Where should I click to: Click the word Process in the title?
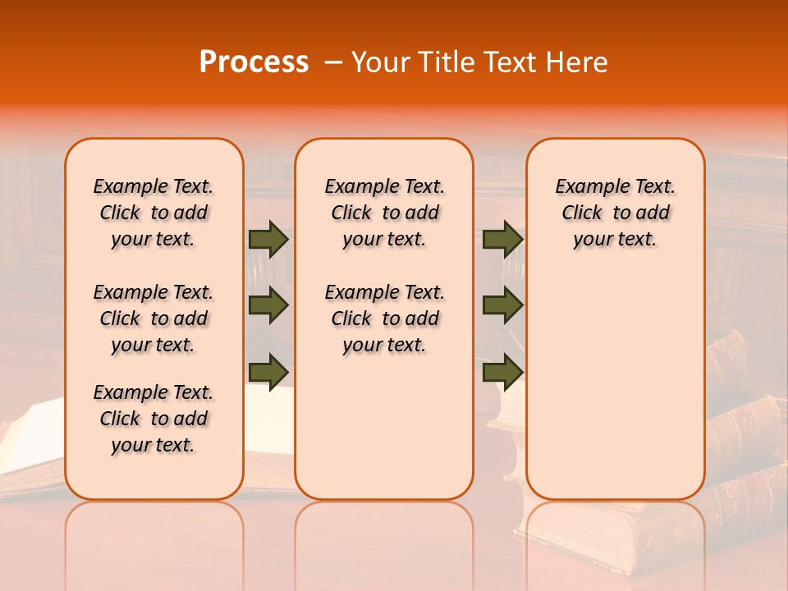click(254, 62)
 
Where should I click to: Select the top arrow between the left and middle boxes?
click(268, 239)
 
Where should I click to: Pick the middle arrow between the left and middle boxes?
click(268, 305)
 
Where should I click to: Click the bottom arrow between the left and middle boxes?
click(268, 372)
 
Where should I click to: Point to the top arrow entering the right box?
click(502, 239)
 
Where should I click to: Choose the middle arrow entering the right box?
click(502, 305)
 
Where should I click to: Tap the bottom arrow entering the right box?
click(502, 372)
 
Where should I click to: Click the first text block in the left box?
click(153, 213)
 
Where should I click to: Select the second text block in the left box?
click(153, 318)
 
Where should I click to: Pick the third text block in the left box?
click(153, 419)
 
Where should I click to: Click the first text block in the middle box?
click(384, 213)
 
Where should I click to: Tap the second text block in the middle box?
click(384, 318)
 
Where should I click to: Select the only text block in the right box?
click(615, 213)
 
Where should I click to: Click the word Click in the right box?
click(582, 213)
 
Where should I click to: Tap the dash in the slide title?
click(333, 62)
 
